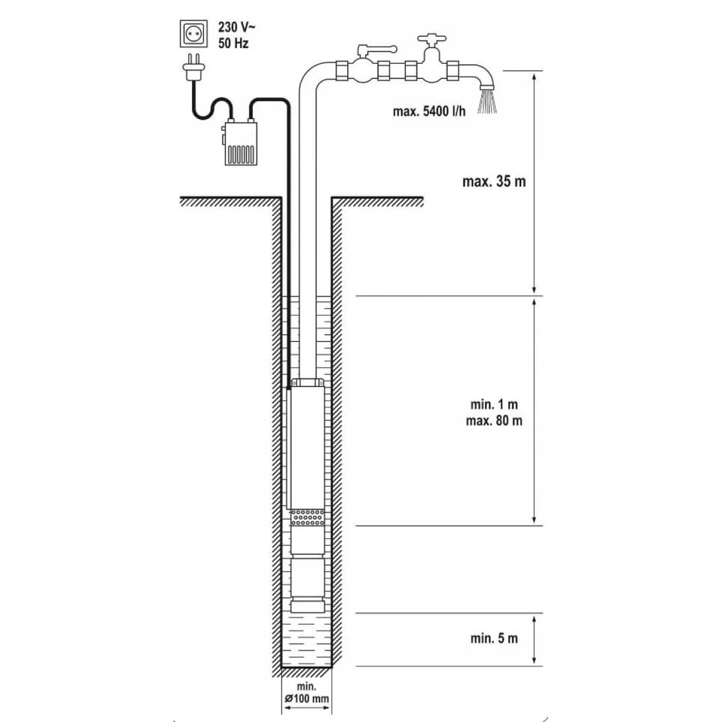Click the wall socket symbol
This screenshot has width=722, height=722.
(193, 34)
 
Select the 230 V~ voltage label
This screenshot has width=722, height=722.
(237, 27)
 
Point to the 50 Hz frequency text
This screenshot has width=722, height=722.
(233, 43)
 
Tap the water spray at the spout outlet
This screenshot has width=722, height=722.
(487, 101)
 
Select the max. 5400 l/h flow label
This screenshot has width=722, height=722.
(429, 111)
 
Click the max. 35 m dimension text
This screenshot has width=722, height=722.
(494, 181)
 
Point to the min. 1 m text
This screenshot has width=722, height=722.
(494, 404)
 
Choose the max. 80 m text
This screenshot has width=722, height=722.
(494, 421)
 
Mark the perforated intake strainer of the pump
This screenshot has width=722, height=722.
(307, 517)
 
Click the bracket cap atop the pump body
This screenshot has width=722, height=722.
(307, 383)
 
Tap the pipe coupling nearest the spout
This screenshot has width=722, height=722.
(453, 70)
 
